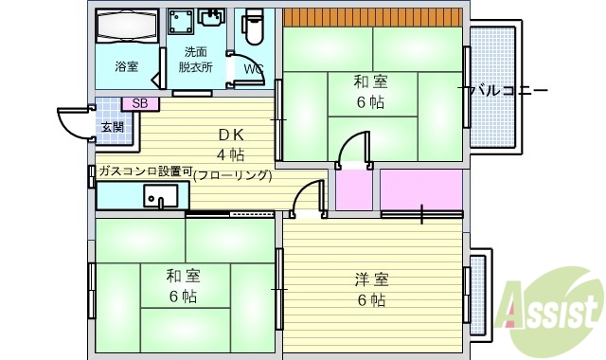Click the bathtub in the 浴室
[x=128, y=27]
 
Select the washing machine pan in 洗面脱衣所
[x=181, y=24]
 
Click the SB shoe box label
[x=139, y=103]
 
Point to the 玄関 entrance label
[x=111, y=126]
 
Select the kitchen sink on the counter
[x=156, y=197]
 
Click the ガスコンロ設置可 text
[x=144, y=171]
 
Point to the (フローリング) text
[x=232, y=175]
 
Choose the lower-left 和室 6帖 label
[x=184, y=286]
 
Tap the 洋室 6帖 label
[x=370, y=290]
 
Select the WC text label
[x=254, y=69]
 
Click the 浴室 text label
[x=127, y=66]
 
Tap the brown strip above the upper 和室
[x=371, y=17]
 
